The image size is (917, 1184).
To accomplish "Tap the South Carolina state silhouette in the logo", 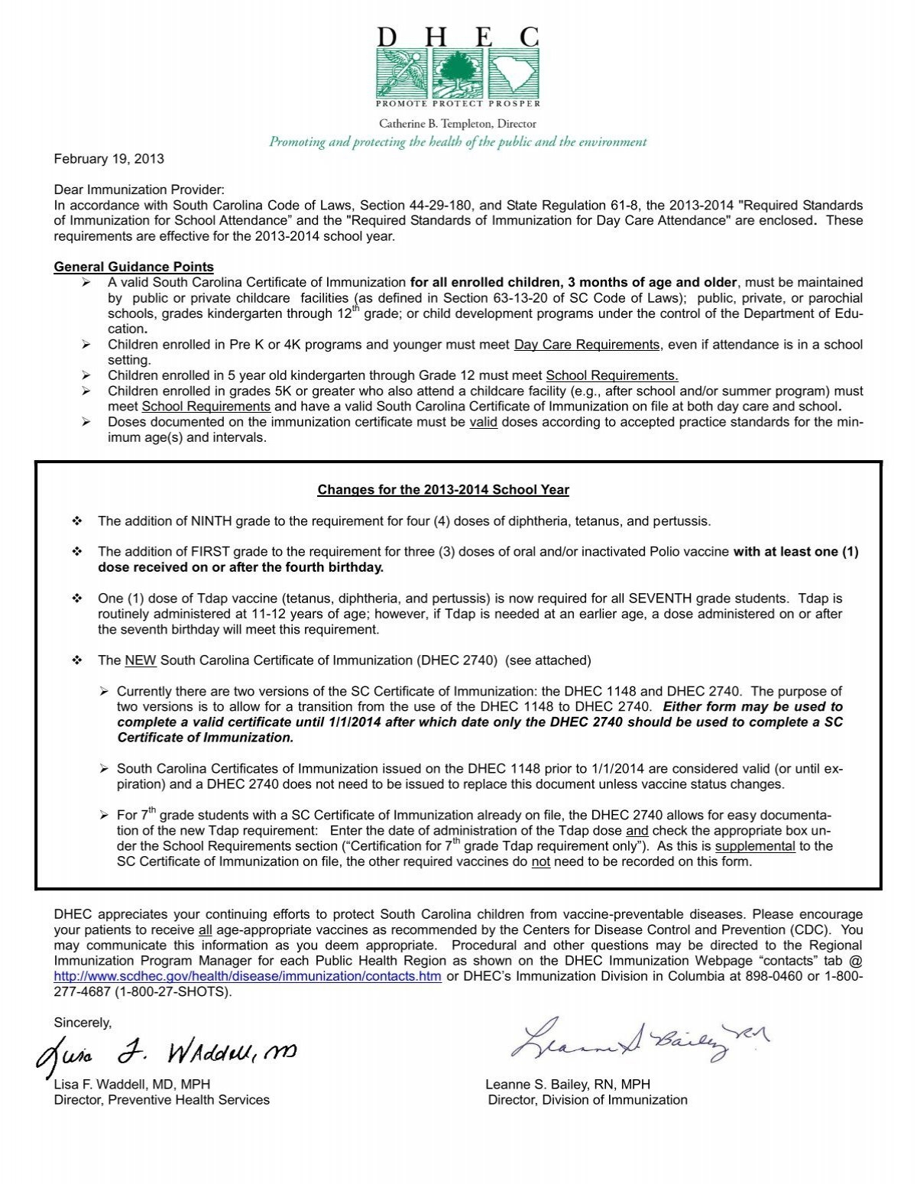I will tap(518, 73).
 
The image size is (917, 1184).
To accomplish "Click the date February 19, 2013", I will tap(109, 159).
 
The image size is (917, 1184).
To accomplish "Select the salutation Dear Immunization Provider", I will tap(139, 190).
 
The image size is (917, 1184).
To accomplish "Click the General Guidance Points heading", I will tap(134, 267).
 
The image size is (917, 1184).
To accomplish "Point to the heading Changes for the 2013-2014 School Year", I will tap(443, 489).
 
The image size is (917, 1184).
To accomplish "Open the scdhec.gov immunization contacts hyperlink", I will tap(248, 976).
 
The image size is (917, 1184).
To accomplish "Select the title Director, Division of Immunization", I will tap(588, 1100).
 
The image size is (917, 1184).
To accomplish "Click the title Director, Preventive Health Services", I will tap(161, 1100).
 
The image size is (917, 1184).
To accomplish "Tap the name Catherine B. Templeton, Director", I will tap(458, 124).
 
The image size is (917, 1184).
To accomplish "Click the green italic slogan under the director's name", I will tap(458, 142).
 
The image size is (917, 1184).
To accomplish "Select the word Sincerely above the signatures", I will tap(83, 1023).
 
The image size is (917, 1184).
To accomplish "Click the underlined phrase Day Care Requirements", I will tap(586, 345).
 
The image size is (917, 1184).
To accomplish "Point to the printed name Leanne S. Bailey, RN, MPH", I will tap(568, 1084).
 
